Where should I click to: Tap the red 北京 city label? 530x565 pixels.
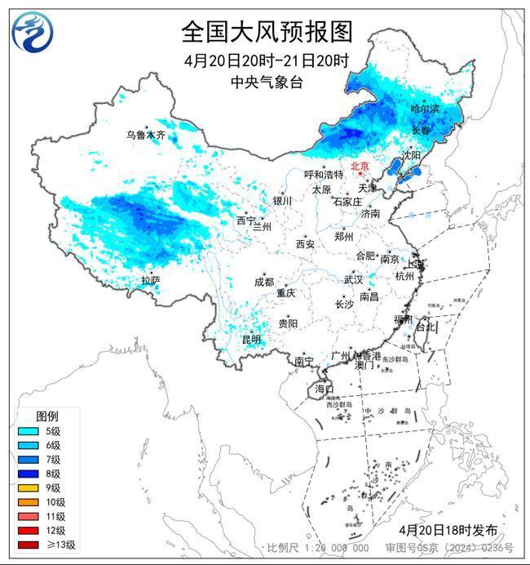pyautogui.click(x=360, y=167)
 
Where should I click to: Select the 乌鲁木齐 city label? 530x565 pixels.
pyautogui.click(x=145, y=135)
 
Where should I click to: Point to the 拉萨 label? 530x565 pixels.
pyautogui.click(x=150, y=280)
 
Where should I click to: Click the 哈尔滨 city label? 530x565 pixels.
pyautogui.click(x=424, y=109)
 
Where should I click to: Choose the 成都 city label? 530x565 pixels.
pyautogui.click(x=264, y=282)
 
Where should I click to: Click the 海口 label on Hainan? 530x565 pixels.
pyautogui.click(x=325, y=388)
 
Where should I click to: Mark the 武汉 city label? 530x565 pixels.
pyautogui.click(x=352, y=278)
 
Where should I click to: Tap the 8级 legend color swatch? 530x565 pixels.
pyautogui.click(x=29, y=474)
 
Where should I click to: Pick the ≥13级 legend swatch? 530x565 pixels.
pyautogui.click(x=29, y=545)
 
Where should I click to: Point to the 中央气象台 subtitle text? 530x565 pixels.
pyautogui.click(x=266, y=81)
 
